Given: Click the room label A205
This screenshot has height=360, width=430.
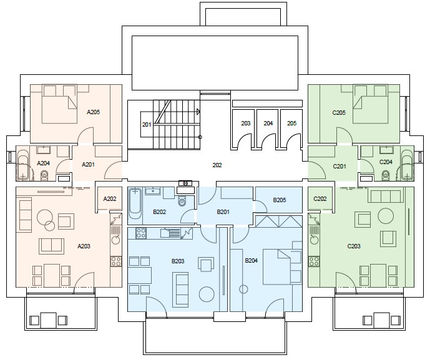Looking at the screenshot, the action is coord(93,112).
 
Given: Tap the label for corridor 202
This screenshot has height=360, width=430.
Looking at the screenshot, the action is coord(217,165).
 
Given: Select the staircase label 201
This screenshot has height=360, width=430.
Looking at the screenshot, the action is coord(147,125).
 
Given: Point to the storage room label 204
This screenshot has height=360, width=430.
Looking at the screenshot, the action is coord(268,124).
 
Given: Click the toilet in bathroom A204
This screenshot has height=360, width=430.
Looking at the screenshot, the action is coord(44,175).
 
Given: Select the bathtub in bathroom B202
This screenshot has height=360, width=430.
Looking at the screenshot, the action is coord(135,203).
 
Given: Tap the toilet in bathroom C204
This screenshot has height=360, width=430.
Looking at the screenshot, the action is coord(386,174).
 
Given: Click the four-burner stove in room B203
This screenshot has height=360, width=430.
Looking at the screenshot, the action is coord(141,233).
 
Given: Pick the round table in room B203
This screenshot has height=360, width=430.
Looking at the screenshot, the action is coord(207,294).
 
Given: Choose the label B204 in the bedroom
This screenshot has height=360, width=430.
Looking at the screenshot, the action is coord(252,260).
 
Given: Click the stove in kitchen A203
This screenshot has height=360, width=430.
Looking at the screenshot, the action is coord(116,261).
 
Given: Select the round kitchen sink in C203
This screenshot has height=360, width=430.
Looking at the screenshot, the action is coord(315,240).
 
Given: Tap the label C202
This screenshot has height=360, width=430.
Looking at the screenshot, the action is coord(320,198).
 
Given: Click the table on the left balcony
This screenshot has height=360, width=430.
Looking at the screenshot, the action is coord(48,320).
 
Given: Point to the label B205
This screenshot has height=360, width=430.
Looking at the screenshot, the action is coord(280,200).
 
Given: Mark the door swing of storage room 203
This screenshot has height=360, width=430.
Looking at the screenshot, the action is coord(245,141).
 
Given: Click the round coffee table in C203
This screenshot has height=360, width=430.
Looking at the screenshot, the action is coord(386,216).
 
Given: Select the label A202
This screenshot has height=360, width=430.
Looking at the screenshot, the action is coord(110,198).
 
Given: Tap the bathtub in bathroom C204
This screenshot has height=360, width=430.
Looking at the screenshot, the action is coord(407,165).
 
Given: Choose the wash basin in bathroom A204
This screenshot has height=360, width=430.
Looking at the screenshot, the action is coord(43,150).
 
